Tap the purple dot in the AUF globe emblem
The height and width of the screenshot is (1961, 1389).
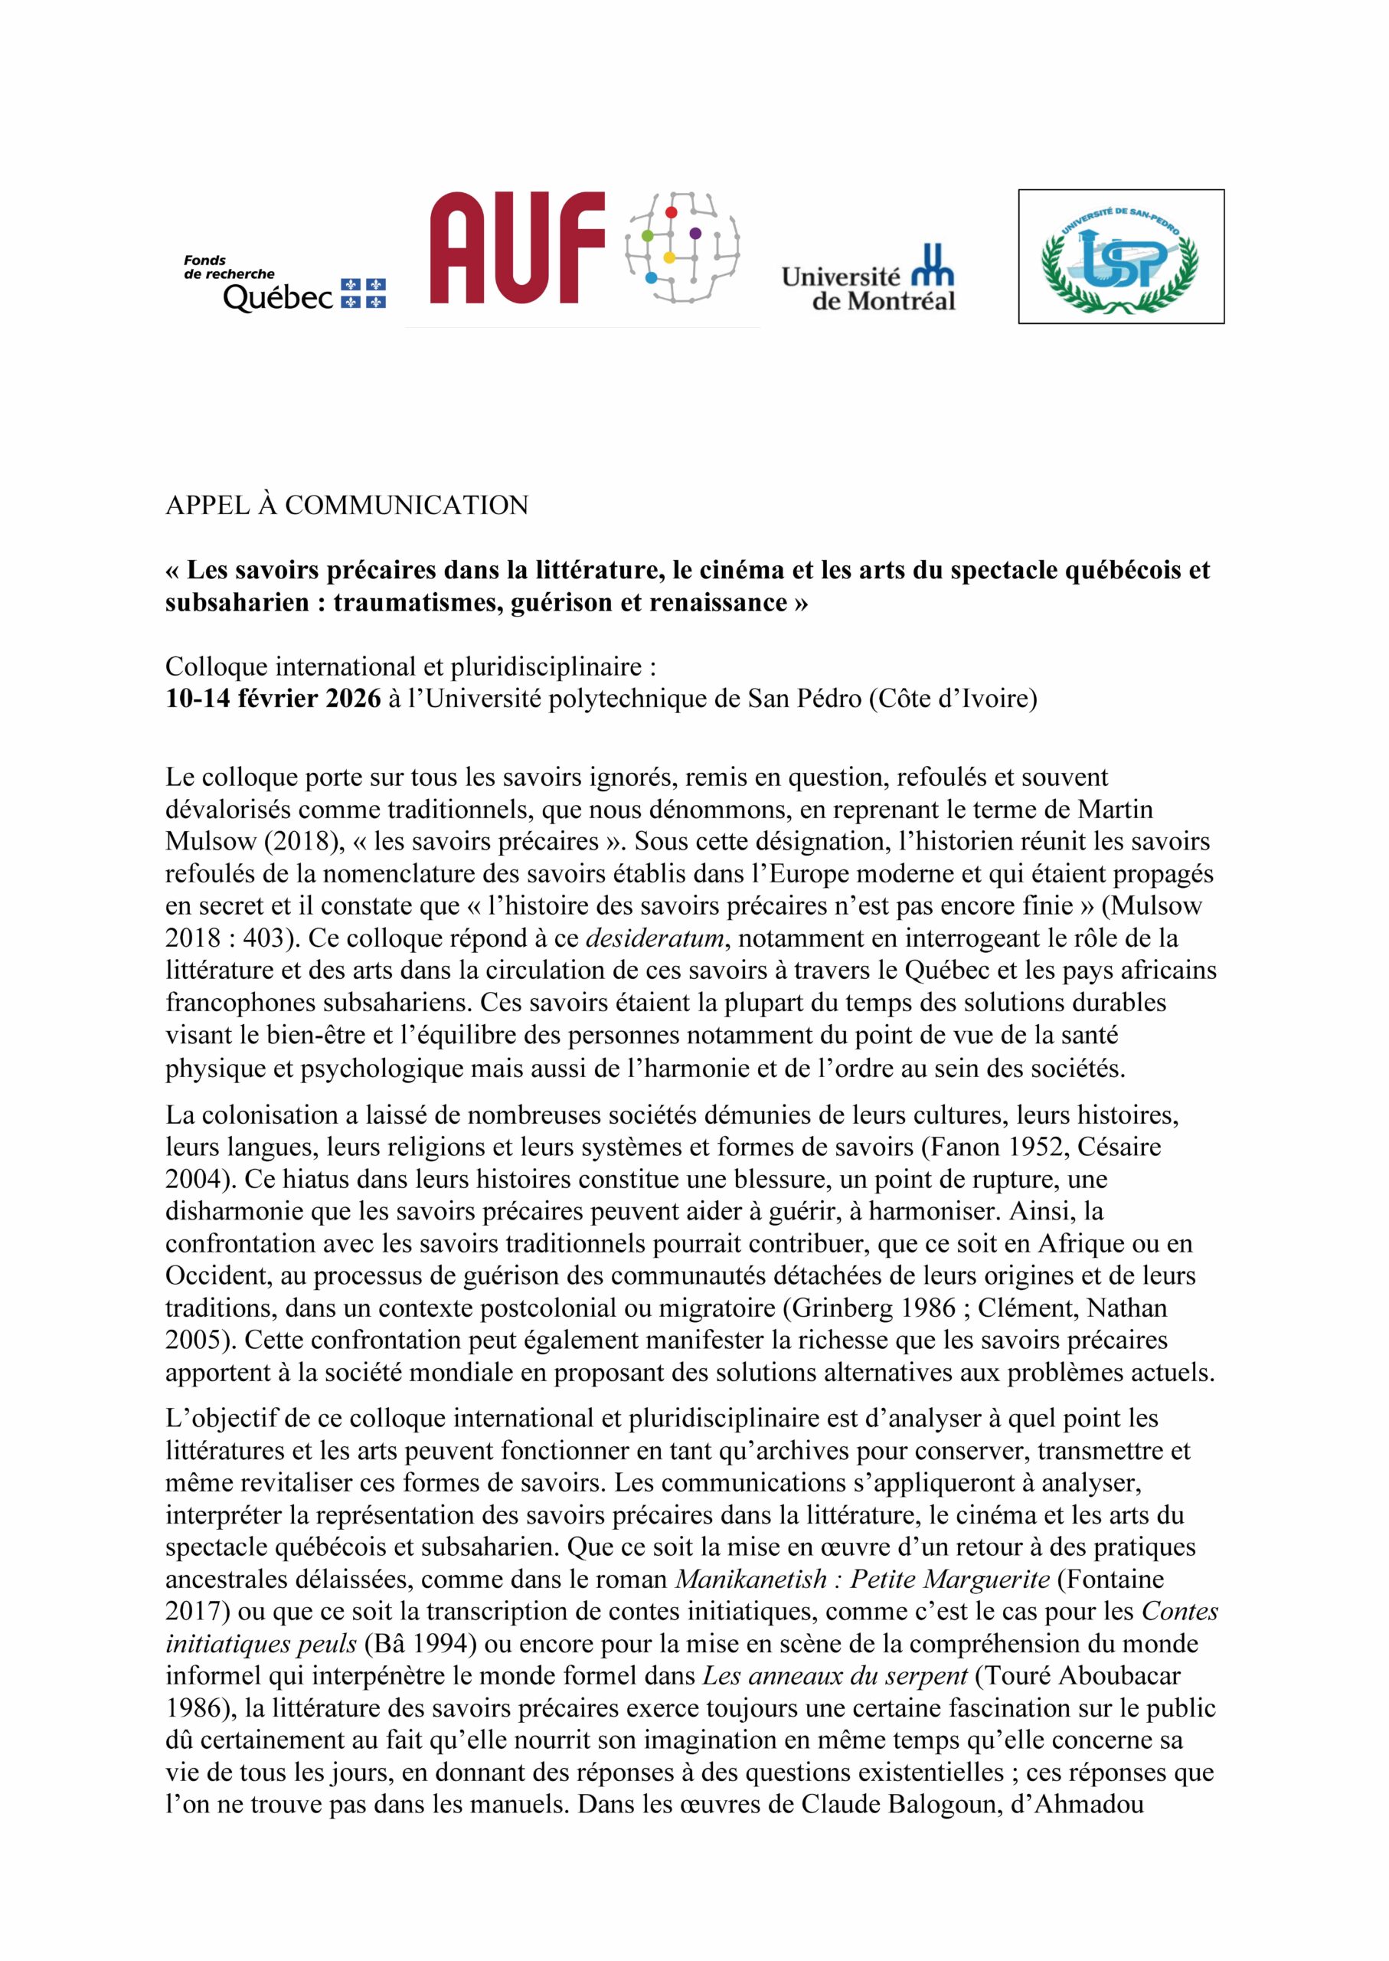tap(694, 233)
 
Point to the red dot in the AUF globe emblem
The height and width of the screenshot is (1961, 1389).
tap(672, 211)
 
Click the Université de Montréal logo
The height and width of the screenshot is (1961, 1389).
tap(868, 279)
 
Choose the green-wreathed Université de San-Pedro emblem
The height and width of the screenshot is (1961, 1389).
tap(1120, 257)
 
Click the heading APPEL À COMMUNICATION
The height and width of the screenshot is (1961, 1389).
tap(346, 506)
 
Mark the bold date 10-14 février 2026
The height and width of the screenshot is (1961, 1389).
tap(273, 699)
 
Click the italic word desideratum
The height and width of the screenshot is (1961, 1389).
tap(655, 938)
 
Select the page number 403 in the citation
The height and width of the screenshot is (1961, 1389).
tap(261, 938)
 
